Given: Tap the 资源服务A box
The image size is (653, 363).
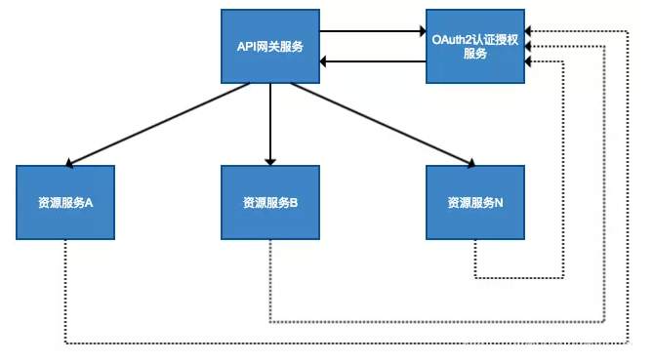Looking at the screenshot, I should coord(65,203).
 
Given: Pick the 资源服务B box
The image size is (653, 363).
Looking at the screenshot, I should coord(270,203).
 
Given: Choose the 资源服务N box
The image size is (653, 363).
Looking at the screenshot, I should coord(475,203).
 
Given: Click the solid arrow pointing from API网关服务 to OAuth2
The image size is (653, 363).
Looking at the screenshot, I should coord(371,31).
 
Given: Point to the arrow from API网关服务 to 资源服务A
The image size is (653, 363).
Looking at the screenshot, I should coord(156,125).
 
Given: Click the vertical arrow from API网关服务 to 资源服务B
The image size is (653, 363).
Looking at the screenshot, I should coord(270,123).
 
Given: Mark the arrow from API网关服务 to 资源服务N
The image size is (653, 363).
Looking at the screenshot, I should coord(381,123).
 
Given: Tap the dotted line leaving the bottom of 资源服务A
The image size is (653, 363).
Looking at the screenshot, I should coord(65,293).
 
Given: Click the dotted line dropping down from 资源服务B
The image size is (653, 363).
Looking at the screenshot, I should coord(270,283).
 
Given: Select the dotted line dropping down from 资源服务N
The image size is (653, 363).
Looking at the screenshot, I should coord(475,259).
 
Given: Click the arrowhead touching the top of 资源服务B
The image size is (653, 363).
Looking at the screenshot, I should coord(270,159).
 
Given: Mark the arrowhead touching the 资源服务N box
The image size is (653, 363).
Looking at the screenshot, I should coord(469,162).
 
